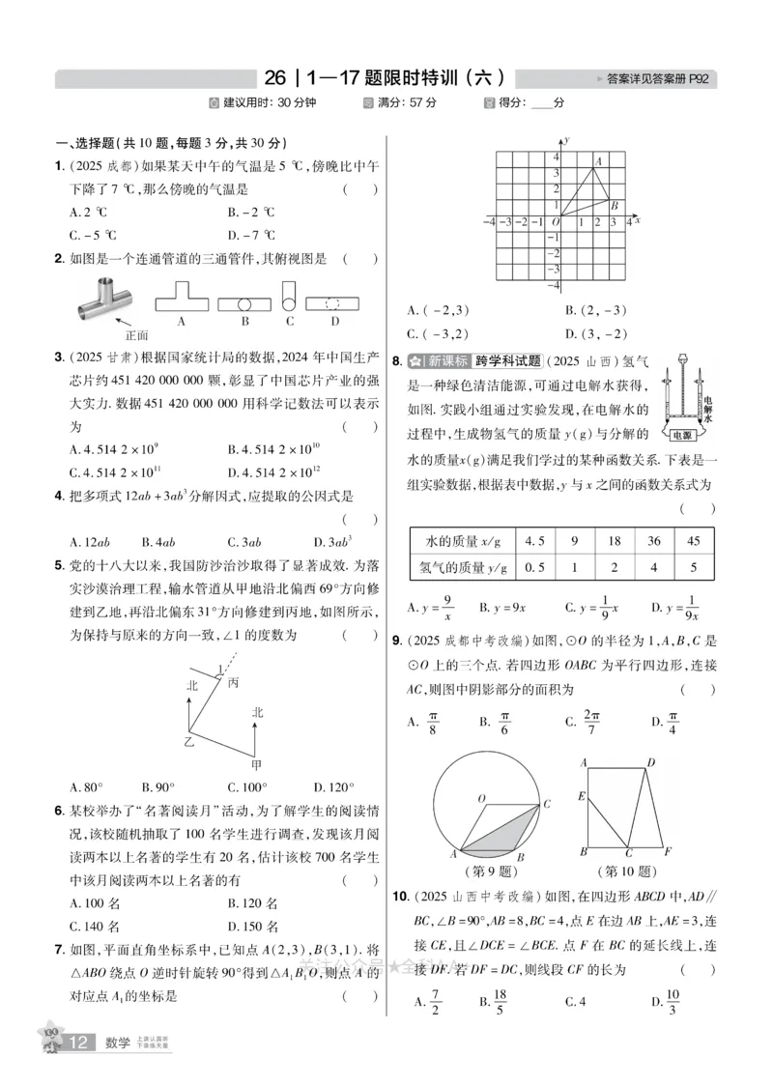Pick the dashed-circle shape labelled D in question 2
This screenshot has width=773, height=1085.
click(334, 302)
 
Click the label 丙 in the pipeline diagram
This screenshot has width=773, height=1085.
click(233, 683)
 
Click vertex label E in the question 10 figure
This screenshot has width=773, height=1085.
click(582, 797)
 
